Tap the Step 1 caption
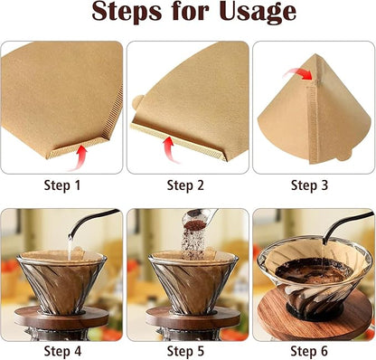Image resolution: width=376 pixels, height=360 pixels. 62,185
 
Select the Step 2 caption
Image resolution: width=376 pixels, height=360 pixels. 187,185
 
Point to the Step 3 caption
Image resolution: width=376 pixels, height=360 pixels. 313,185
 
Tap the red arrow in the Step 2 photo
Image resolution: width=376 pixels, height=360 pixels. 169,147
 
